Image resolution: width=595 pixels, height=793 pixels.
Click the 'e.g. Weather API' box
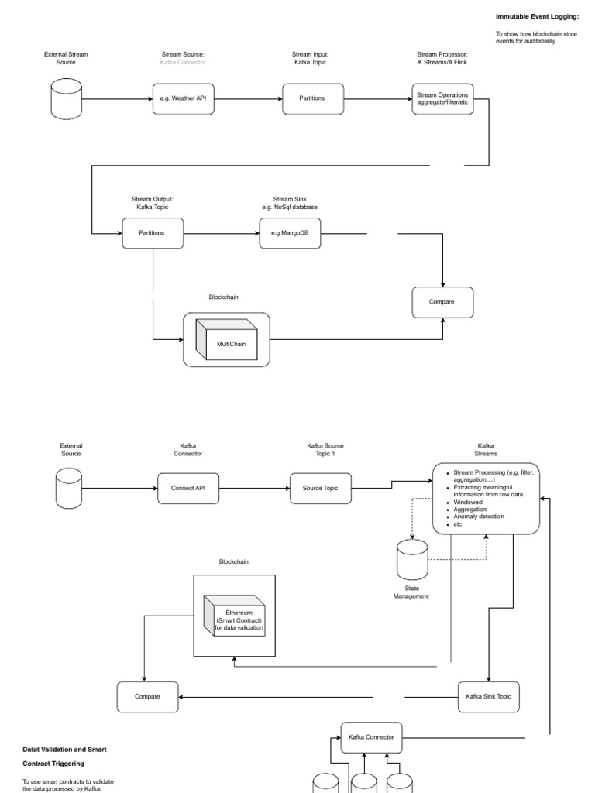[184, 99]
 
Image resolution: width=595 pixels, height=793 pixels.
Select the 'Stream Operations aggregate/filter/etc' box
[442, 99]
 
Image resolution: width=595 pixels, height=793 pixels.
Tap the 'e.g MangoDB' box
[290, 232]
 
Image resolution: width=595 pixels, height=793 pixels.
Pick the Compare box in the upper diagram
[442, 302]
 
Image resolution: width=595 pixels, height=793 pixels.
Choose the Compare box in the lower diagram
[147, 697]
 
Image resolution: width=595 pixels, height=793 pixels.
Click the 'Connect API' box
[189, 488]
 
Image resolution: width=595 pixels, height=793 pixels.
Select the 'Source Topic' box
[321, 488]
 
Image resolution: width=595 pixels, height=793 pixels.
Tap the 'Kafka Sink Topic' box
[488, 697]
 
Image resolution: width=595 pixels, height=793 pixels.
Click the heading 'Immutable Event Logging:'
[537, 16]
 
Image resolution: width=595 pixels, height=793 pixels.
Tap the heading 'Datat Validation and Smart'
[65, 750]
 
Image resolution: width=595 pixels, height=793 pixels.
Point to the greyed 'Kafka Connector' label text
[184, 62]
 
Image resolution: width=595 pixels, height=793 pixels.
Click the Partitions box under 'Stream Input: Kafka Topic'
[312, 99]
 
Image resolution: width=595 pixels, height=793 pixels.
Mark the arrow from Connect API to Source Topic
[255, 488]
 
